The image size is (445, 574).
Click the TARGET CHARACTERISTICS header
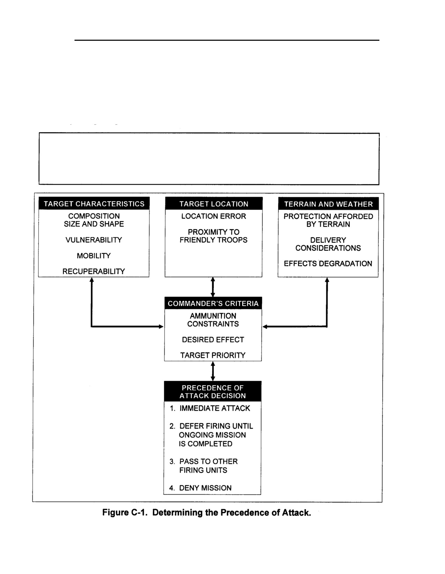coord(94,204)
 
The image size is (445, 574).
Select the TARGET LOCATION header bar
coord(214,204)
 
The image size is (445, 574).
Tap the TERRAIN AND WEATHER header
coord(328,204)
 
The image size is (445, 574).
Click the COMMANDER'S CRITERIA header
coord(213,303)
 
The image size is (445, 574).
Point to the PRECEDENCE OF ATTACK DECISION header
coord(213,391)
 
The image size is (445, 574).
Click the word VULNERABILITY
coord(94,240)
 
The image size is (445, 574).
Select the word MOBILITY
coord(94,256)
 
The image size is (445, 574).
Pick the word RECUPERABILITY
coord(94,271)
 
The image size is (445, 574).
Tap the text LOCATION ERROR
coord(214,216)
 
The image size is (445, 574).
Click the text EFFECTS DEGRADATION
coord(328,263)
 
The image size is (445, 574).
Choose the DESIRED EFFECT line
coord(213,339)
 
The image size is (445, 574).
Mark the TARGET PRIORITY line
coord(213,355)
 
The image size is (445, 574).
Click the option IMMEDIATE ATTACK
coord(215,408)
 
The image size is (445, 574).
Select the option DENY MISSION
coord(205,488)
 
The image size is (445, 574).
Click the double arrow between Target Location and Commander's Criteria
coord(213,287)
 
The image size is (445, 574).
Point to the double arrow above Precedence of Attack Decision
coord(213,371)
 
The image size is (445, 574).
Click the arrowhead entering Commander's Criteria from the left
coord(161,327)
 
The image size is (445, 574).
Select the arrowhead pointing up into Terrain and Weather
coord(327,280)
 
